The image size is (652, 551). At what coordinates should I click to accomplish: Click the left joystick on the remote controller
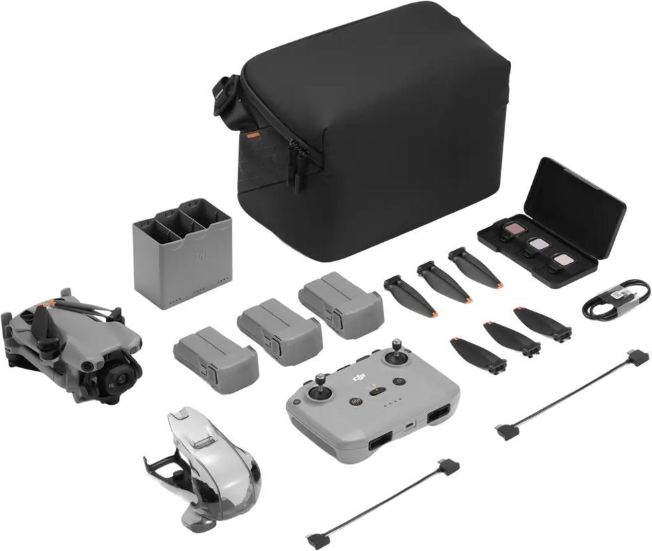coord(321,383)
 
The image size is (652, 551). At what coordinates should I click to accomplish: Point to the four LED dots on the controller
coord(394,401)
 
